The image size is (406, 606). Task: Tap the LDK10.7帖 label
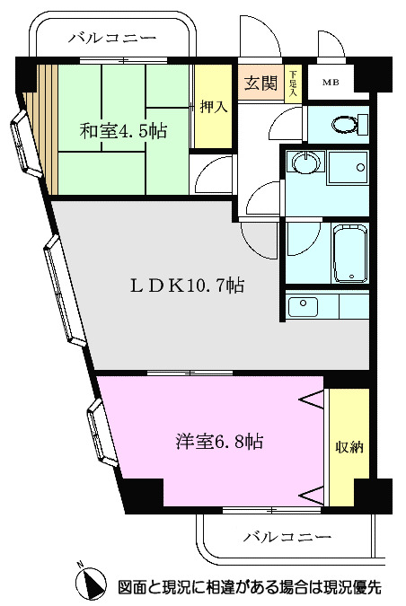click(x=185, y=286)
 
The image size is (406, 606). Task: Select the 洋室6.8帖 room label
click(x=218, y=442)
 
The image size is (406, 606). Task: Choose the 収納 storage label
click(x=349, y=446)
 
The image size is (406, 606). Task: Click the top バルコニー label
click(x=112, y=38)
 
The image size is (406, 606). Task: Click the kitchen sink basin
click(x=304, y=306)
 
